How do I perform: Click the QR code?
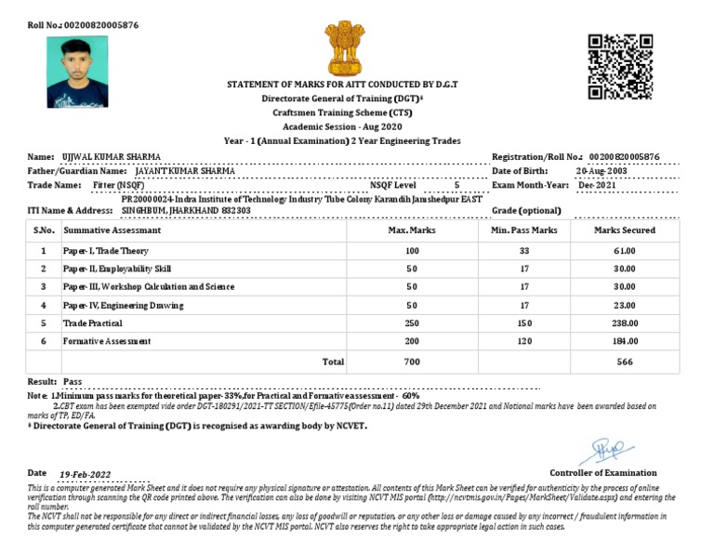coord(620,67)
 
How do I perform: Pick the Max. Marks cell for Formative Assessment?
coord(411,341)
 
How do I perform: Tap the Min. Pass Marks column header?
coord(523,230)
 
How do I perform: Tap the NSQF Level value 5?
coord(456,186)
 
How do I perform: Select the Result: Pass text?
coord(55,382)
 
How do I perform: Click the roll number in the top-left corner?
coord(83,24)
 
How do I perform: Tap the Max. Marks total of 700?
coord(411,361)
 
